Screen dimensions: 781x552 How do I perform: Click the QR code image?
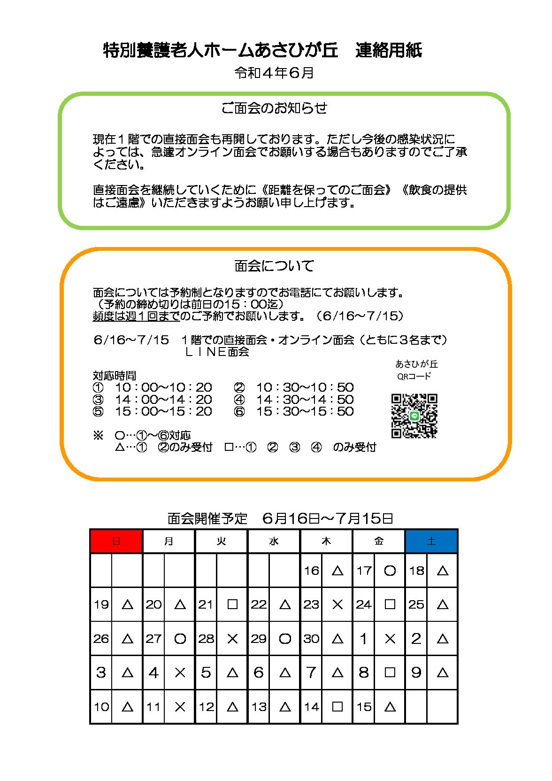(414, 416)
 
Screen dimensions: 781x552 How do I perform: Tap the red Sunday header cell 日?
(116, 541)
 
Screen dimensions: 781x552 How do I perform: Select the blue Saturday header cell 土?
(431, 541)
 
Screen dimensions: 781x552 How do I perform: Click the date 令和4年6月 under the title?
(274, 73)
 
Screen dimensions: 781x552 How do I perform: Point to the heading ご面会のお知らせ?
(274, 108)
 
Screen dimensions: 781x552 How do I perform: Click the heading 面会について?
(274, 266)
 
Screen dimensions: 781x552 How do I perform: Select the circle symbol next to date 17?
(390, 571)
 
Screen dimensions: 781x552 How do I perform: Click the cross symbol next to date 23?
(337, 604)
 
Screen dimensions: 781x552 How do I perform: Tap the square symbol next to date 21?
(232, 604)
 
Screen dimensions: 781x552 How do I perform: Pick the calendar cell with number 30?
(311, 639)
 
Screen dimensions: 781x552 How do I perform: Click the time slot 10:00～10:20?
(163, 387)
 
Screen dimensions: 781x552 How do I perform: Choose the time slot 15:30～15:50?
(305, 411)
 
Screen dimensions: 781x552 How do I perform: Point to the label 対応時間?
(115, 375)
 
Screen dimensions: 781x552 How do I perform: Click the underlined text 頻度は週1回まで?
(136, 316)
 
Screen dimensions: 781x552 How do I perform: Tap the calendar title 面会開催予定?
(207, 518)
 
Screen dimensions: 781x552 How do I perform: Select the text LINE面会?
(217, 352)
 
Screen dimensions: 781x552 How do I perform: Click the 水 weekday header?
(274, 541)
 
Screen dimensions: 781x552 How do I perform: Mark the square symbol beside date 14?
(337, 706)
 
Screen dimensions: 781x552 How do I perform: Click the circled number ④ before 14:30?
(239, 400)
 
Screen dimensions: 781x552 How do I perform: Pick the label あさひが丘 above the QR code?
(416, 364)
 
